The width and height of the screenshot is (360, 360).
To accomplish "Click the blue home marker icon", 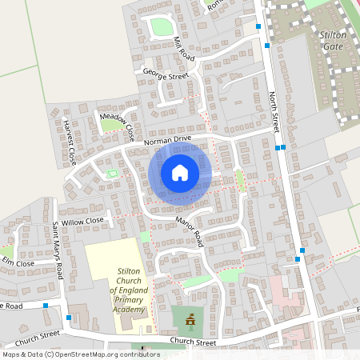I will [x=180, y=173].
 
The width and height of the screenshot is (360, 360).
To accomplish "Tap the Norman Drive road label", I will [x=168, y=141].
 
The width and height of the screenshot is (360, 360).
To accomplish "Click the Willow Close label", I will [x=82, y=220].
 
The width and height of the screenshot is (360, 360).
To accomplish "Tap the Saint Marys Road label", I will [x=58, y=250].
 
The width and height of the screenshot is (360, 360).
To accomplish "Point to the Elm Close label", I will [x=18, y=262].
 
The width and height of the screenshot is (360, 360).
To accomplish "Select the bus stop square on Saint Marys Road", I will [x=69, y=318].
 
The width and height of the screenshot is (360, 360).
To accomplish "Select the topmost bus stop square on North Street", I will [x=258, y=26].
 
